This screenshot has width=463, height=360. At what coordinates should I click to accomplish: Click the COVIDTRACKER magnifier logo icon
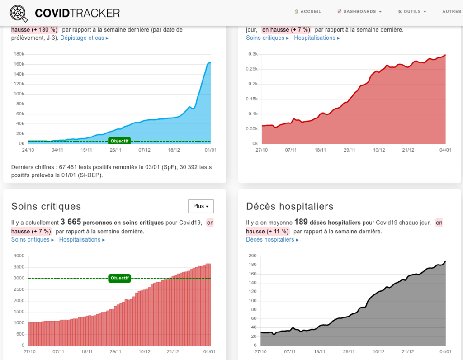pyautogui.click(x=19, y=13)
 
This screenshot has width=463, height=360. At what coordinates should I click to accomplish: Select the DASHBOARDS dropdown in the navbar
pyautogui.click(x=359, y=12)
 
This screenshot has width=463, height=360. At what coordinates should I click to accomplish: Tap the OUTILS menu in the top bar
pyautogui.click(x=412, y=12)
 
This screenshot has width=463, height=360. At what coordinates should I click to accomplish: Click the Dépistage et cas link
pyautogui.click(x=85, y=38)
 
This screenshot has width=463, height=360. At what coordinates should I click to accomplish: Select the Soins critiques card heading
pyautogui.click(x=46, y=207)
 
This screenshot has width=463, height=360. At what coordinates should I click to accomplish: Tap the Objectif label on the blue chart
pyautogui.click(x=120, y=141)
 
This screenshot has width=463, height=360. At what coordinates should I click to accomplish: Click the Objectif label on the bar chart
pyautogui.click(x=120, y=278)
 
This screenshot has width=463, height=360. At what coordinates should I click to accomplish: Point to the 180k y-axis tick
pyautogui.click(x=19, y=54)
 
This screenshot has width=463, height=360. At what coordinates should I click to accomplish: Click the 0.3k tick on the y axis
pyautogui.click(x=253, y=54)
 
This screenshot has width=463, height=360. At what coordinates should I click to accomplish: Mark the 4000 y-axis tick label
pyautogui.click(x=19, y=256)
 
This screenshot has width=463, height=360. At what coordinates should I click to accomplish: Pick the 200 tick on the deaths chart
pyautogui.click(x=252, y=256)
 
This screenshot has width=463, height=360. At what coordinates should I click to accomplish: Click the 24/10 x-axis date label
pyautogui.click(x=28, y=150)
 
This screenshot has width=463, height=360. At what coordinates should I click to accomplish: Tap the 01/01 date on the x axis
pyautogui.click(x=211, y=150)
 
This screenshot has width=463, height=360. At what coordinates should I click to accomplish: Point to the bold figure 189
pyautogui.click(x=301, y=223)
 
